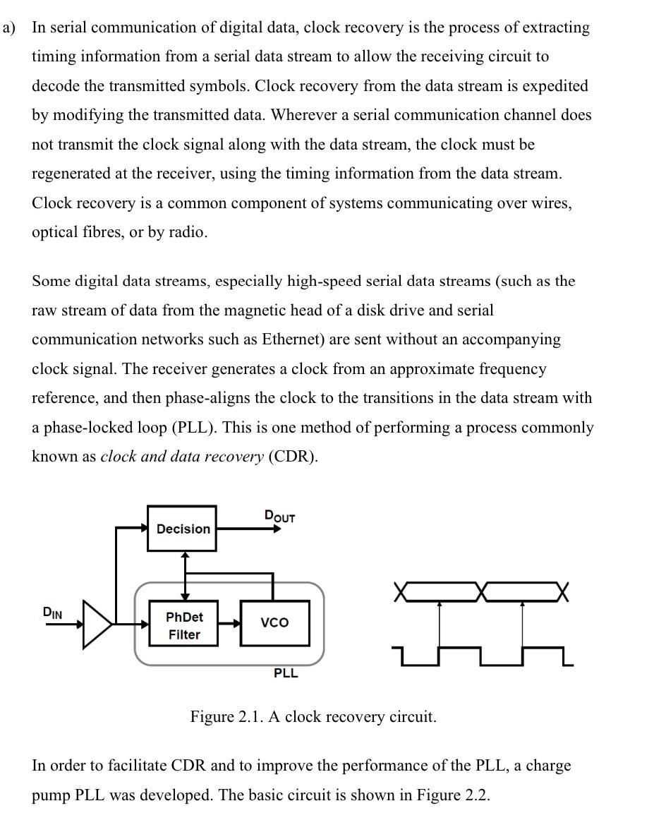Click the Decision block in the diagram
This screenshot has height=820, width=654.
(x=182, y=529)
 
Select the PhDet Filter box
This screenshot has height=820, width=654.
(x=183, y=625)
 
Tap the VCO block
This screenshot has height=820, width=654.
(x=274, y=622)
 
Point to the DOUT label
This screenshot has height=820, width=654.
(x=279, y=517)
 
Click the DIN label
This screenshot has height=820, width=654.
(x=52, y=613)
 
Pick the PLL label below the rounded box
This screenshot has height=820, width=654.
(x=286, y=673)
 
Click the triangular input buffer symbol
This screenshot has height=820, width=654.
(x=97, y=624)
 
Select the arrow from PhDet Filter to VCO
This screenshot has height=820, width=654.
(x=229, y=623)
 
